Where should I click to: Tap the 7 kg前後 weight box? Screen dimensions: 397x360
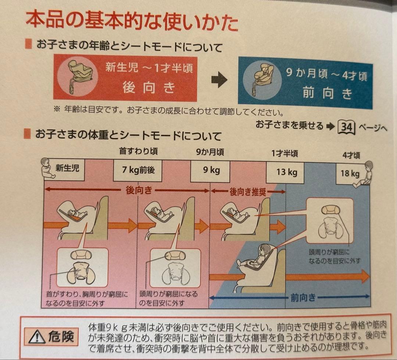[138, 170]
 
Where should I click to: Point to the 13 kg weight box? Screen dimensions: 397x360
[285, 173]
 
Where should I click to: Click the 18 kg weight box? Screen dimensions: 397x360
[350, 174]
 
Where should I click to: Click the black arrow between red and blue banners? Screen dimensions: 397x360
[219, 79]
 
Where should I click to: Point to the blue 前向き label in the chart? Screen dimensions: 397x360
[303, 298]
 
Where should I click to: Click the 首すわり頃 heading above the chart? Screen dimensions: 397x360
[138, 151]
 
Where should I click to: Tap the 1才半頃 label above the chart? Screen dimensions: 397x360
[285, 154]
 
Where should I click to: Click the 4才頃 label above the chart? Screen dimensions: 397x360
[351, 156]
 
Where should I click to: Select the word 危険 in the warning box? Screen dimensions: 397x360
[61, 337]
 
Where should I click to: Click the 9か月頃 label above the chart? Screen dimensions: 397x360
[210, 152]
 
